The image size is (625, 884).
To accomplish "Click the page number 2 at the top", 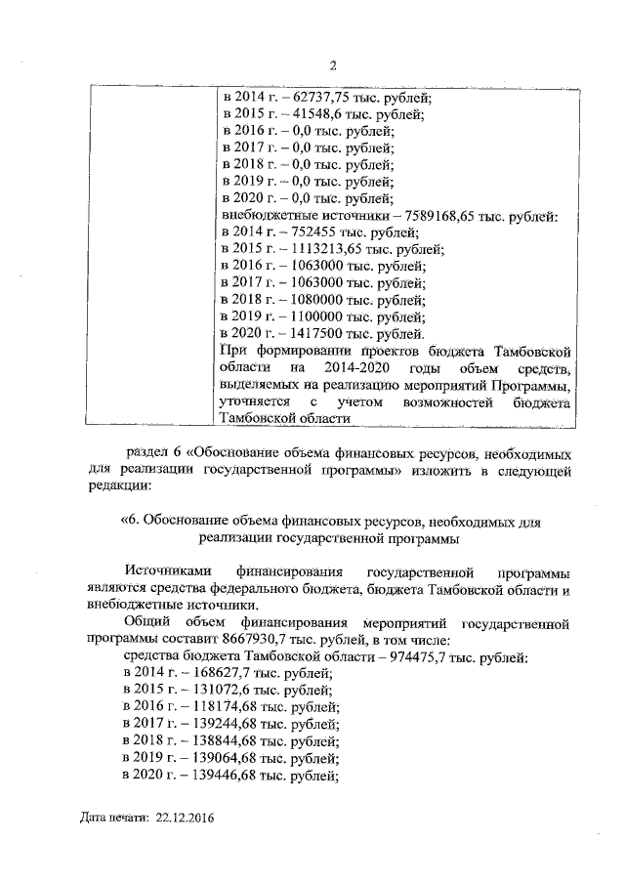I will pos(332,66).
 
